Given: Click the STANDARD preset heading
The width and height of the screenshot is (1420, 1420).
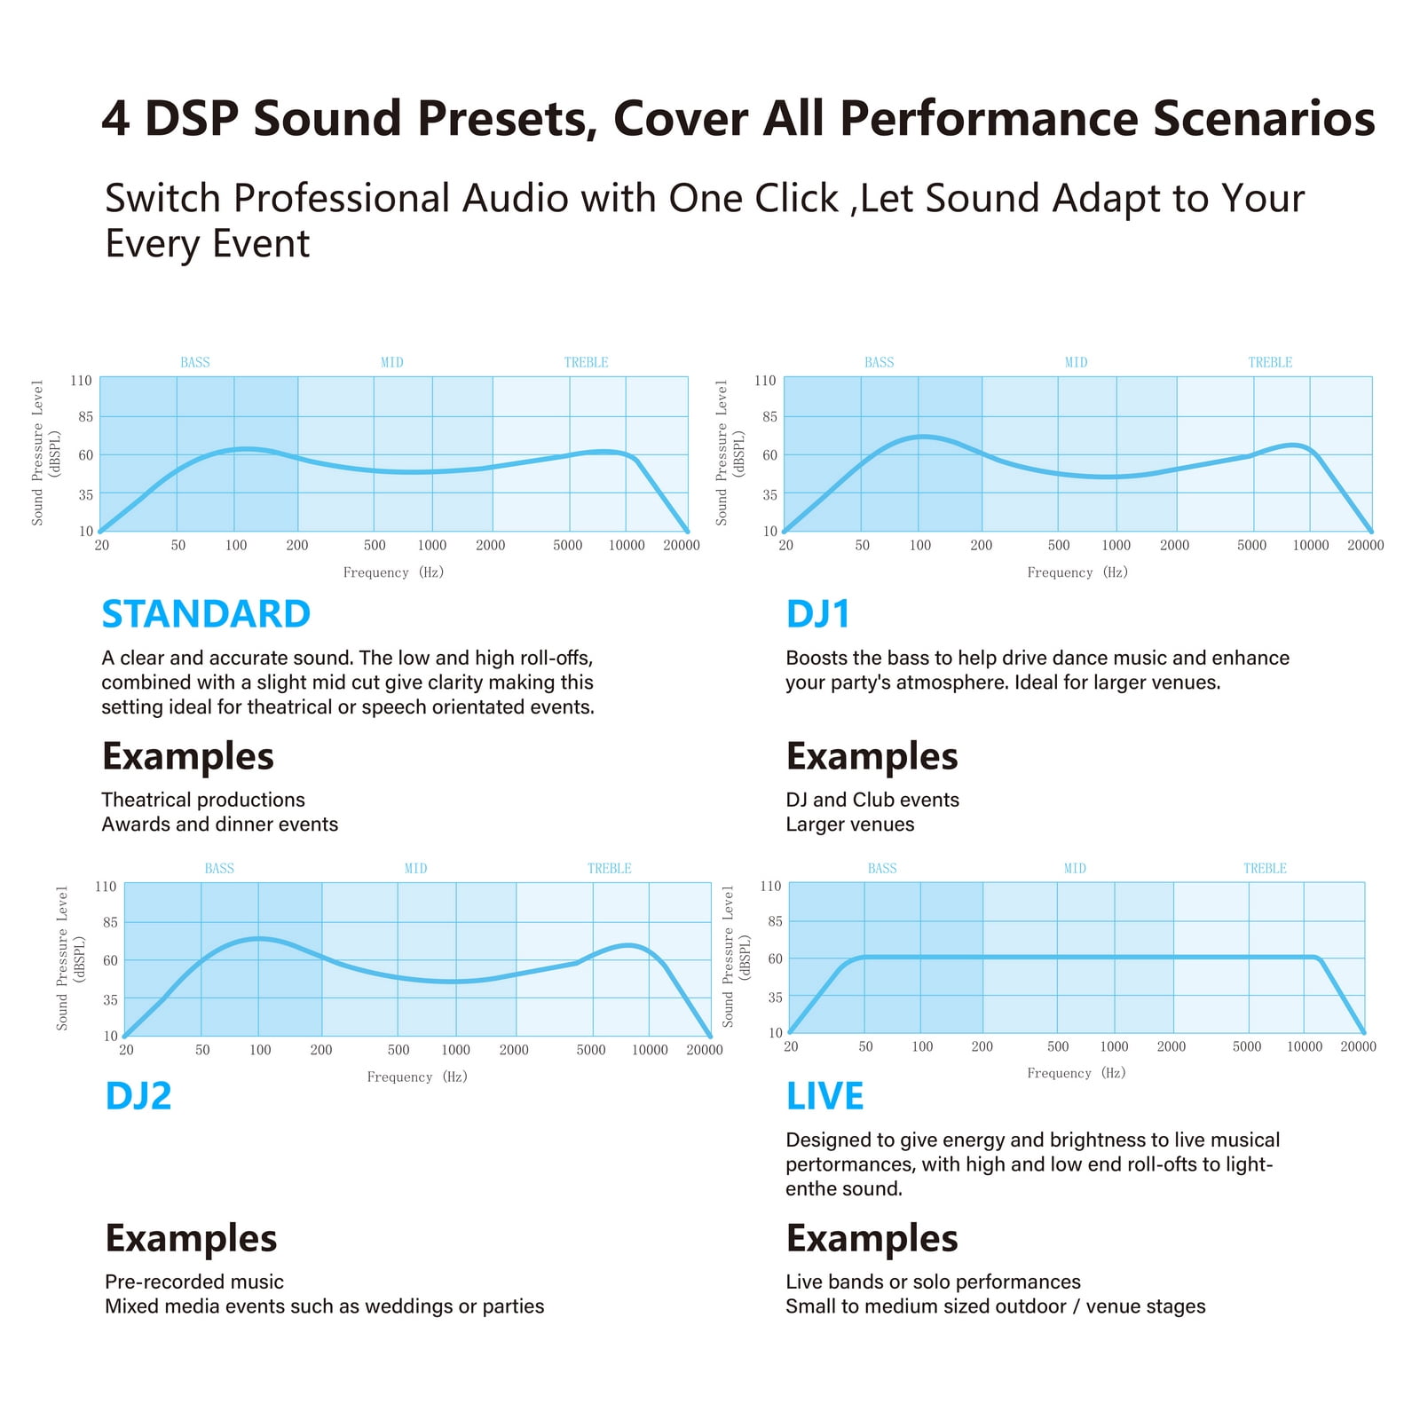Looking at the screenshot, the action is click(x=206, y=614).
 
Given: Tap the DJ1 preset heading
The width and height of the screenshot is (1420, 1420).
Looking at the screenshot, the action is click(x=818, y=614).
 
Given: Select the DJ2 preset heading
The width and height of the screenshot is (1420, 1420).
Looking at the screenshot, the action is click(x=138, y=1096).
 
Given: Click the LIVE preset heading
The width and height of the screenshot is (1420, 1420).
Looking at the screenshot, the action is click(x=824, y=1096).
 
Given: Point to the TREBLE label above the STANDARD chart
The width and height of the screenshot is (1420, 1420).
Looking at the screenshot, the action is click(x=587, y=362).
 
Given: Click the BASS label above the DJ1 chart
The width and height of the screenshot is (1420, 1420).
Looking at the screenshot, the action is click(x=880, y=362).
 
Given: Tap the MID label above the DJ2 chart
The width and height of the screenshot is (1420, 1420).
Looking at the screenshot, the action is click(x=416, y=868).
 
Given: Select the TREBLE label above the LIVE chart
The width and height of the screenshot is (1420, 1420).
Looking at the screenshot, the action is click(x=1265, y=868).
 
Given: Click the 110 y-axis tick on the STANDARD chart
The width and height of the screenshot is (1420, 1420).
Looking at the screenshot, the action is click(x=81, y=381).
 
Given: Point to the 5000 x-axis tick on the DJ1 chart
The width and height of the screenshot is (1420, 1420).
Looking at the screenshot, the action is click(x=1252, y=545).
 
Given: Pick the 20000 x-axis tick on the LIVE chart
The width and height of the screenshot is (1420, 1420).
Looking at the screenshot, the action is click(x=1358, y=1046).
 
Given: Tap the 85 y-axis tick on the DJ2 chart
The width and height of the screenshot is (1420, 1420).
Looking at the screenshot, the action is click(x=110, y=923).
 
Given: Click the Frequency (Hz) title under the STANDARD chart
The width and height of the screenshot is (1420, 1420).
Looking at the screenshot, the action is click(x=393, y=572).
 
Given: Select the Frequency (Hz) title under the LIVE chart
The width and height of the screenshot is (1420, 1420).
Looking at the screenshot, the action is click(x=1077, y=1073).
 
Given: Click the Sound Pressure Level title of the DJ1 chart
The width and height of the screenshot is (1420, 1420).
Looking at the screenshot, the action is click(x=722, y=453).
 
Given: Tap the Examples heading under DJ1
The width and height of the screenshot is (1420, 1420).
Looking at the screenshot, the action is click(x=872, y=756).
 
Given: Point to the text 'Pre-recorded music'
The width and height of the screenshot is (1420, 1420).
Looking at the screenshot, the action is click(x=194, y=1282).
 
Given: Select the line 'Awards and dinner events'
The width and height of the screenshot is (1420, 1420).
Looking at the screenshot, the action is click(x=220, y=824).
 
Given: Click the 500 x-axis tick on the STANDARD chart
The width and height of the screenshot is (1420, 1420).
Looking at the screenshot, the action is click(x=375, y=545).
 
